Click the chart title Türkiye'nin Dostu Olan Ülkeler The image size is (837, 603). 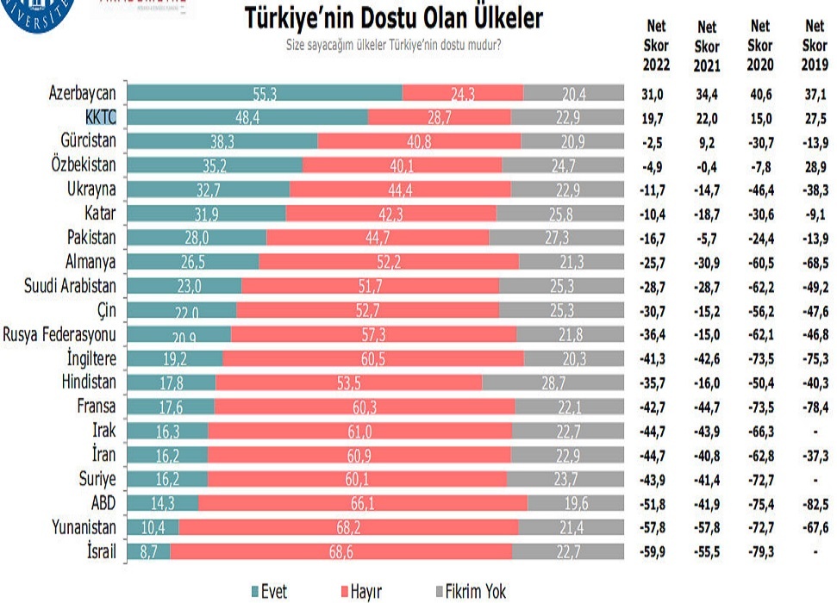point(395,18)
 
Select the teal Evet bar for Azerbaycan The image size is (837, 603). point(265,92)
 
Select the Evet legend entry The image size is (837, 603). point(268,591)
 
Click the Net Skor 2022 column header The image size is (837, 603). point(656,47)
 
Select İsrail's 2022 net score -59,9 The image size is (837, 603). point(656,551)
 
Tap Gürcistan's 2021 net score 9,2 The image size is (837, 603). point(706,140)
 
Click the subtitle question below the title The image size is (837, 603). point(394,44)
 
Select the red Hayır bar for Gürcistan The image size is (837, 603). point(419,140)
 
